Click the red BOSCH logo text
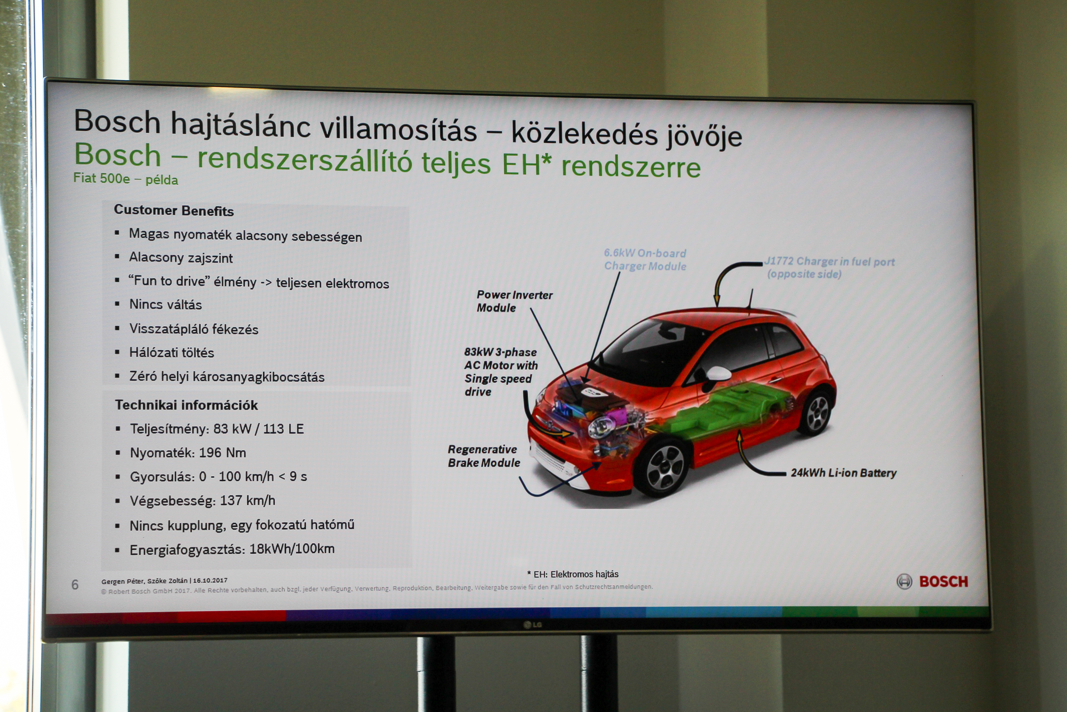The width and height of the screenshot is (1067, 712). click(944, 581)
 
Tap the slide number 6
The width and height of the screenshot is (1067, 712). click(75, 585)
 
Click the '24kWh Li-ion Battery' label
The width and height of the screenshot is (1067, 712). click(843, 473)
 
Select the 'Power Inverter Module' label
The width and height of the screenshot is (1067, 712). click(514, 301)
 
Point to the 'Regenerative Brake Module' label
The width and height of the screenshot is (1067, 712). click(484, 456)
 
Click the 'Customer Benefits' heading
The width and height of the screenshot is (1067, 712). click(174, 210)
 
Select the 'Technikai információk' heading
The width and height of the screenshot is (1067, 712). click(186, 404)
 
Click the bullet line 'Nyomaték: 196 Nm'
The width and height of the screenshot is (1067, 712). click(188, 453)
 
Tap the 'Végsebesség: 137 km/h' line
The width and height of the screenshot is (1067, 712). click(202, 501)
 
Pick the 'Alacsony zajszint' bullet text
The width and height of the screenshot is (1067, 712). click(181, 257)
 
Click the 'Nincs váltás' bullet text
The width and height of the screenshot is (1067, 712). click(166, 304)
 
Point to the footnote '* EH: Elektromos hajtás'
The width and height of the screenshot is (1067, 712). click(573, 574)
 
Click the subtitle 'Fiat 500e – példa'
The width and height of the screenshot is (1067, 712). click(126, 178)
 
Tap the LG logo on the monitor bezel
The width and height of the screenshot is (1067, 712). click(533, 625)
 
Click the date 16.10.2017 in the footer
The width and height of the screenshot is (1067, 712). click(210, 580)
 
